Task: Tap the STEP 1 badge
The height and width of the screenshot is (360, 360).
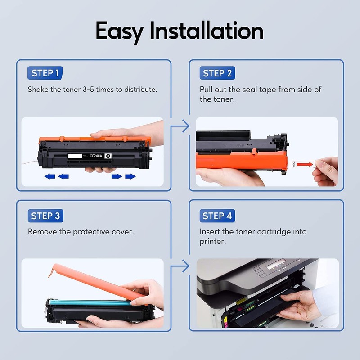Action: point(45,73)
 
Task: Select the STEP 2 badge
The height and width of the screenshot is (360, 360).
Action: point(217,73)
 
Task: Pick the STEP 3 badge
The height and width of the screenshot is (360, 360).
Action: point(45,216)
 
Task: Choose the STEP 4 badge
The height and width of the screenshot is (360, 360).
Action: point(217,216)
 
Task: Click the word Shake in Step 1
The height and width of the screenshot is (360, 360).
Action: point(38,90)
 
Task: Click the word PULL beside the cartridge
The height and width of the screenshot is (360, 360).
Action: point(294,165)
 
